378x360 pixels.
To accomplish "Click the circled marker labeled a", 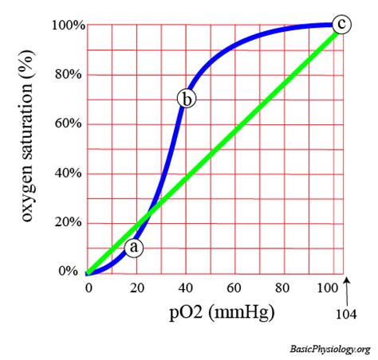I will (135, 248).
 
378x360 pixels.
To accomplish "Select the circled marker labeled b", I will (186, 99).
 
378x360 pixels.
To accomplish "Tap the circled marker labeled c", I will (341, 25).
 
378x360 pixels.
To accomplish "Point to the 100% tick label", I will (68, 25).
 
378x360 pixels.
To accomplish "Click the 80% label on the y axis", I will (70, 75).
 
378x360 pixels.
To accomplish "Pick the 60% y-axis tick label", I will (70, 124).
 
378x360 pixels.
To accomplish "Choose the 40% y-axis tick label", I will (70, 174).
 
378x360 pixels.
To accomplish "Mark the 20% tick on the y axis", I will (70, 223).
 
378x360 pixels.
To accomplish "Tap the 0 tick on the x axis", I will (87, 287).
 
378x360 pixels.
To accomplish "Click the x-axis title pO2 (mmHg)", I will (209, 312).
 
